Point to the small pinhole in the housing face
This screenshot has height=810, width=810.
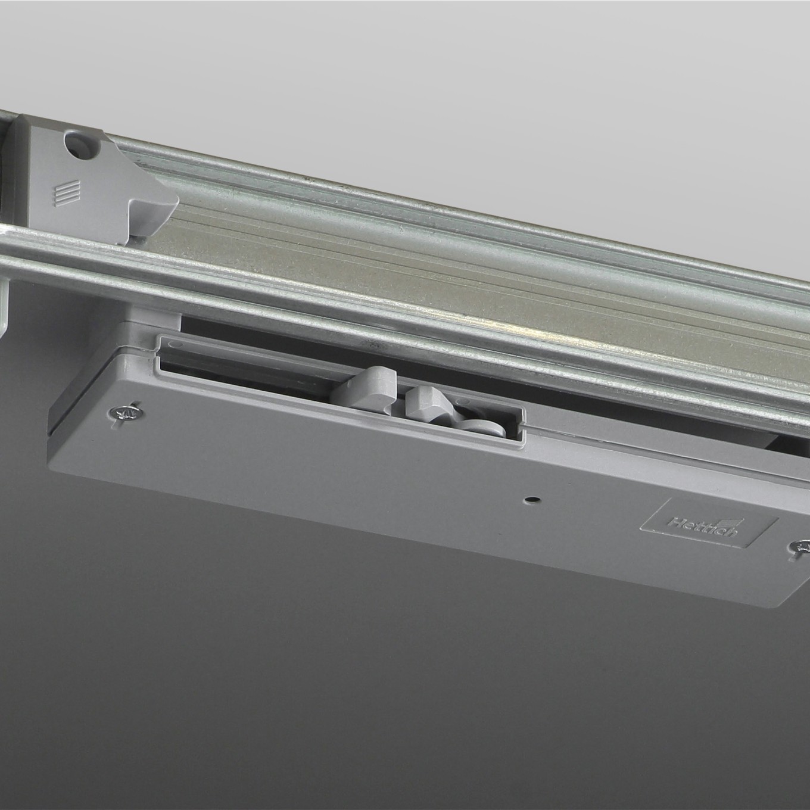tap(532, 500)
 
